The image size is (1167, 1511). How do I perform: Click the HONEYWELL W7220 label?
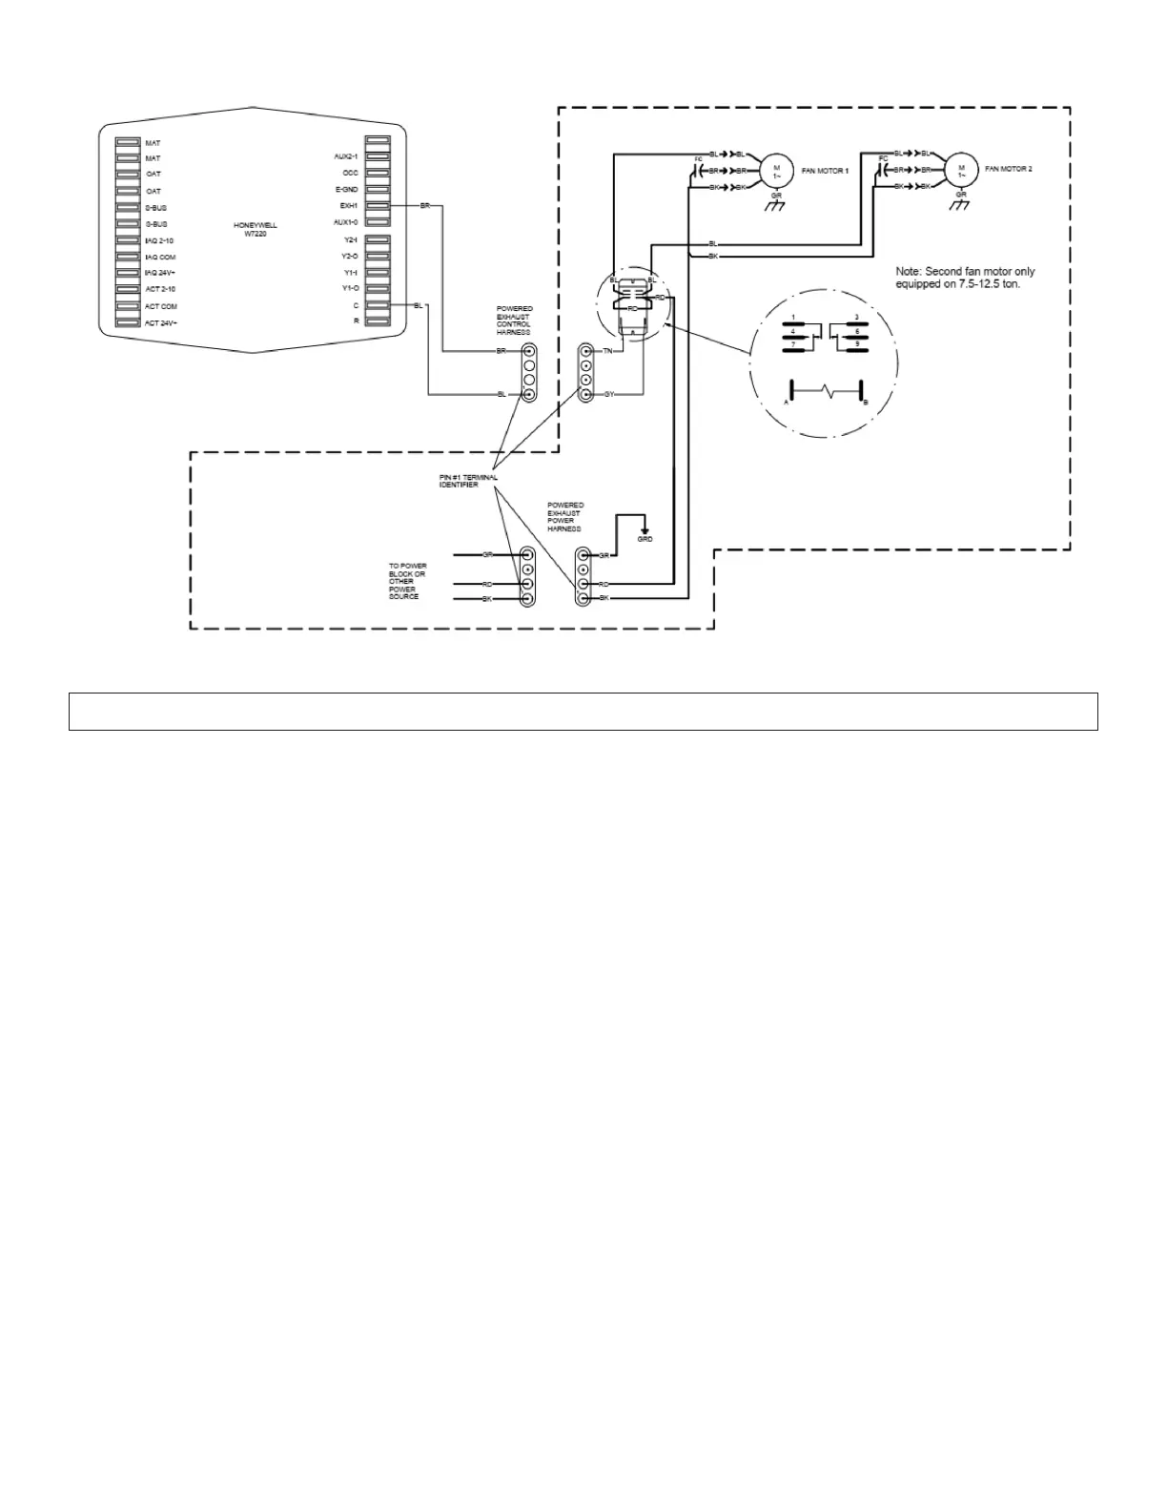255,229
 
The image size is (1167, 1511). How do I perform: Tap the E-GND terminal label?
346,190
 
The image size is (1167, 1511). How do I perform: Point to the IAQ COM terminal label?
160,258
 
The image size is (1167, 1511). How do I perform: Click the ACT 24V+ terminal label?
161,323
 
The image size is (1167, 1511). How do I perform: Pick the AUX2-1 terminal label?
345,155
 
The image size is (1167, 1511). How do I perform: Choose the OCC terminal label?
350,173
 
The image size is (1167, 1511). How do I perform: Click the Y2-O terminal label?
350,256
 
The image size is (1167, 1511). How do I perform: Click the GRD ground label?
645,539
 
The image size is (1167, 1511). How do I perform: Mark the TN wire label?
607,352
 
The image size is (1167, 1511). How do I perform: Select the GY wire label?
609,394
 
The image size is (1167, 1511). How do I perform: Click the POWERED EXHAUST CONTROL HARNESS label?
514,321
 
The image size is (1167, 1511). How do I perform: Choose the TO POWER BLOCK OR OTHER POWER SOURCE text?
407,581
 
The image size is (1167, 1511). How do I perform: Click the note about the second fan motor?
965,278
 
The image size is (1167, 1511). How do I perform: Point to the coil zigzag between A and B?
827,392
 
